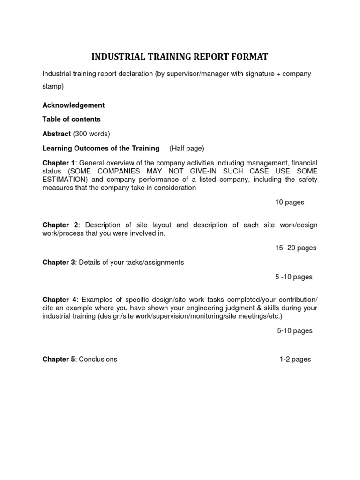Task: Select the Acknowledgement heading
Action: pos(74,105)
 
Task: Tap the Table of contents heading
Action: pos(72,119)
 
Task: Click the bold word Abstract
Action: pos(56,134)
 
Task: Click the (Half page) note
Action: pos(187,149)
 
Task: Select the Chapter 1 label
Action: pos(59,163)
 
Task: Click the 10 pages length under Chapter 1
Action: pos(290,202)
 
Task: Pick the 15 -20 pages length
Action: pos(296,248)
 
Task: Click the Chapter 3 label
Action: pos(59,262)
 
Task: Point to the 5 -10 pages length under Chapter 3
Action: pos(293,277)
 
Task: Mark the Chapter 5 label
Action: pos(59,360)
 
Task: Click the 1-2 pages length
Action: pos(295,360)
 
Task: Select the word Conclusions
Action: pos(98,360)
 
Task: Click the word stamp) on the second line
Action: pos(53,87)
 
